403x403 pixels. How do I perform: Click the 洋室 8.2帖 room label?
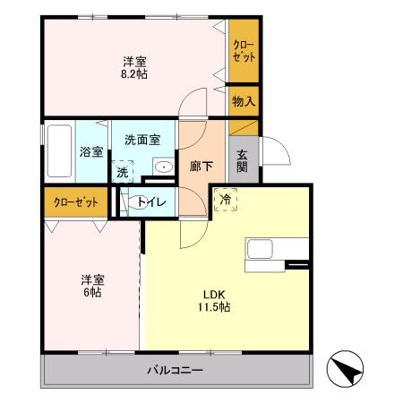135,67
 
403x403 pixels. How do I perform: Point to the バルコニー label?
175,370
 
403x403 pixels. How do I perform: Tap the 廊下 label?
202,166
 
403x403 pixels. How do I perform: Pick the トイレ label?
149,203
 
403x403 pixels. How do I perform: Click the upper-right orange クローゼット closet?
243,50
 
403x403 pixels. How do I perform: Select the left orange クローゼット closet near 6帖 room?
75,201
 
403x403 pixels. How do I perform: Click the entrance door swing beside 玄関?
274,150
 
